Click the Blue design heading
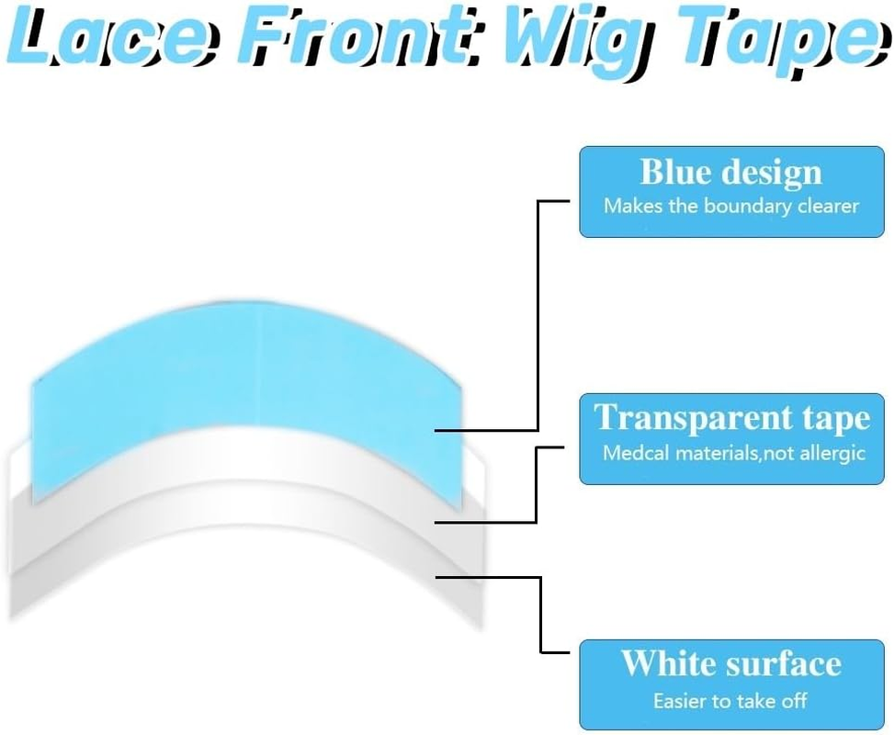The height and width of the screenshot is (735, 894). pyautogui.click(x=731, y=172)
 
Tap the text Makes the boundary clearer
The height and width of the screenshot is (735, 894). pyautogui.click(x=731, y=206)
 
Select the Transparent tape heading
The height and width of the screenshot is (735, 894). pyautogui.click(x=731, y=418)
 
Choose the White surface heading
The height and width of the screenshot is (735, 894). pyautogui.click(x=731, y=663)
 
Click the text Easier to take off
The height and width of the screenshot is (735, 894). pyautogui.click(x=731, y=700)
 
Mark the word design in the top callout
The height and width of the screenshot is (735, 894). pyautogui.click(x=773, y=172)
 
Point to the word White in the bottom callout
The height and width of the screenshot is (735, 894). pyautogui.click(x=668, y=663)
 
